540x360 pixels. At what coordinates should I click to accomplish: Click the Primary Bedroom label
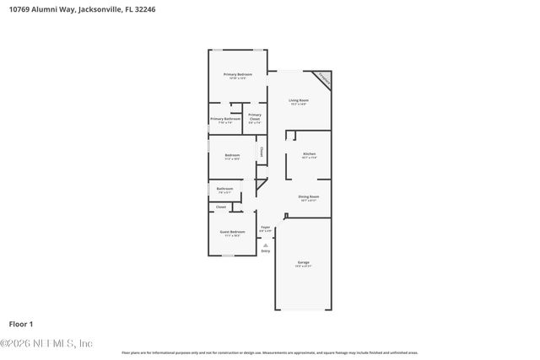[238, 75]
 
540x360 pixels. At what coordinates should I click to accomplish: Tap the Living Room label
[299, 100]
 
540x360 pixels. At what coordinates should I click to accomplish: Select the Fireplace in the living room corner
[323, 80]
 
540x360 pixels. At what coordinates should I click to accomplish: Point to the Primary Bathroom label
[225, 119]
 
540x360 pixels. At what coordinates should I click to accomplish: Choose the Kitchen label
[310, 153]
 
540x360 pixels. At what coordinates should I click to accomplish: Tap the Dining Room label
[307, 196]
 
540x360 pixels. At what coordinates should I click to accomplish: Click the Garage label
[304, 263]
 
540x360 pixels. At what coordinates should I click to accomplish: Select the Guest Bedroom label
[232, 231]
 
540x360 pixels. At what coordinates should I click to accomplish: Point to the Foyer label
[265, 227]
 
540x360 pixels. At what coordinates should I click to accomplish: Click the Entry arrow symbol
[265, 244]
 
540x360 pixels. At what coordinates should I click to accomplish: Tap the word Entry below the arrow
[265, 251]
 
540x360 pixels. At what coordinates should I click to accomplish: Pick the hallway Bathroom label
[224, 188]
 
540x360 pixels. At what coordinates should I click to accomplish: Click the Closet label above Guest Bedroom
[221, 207]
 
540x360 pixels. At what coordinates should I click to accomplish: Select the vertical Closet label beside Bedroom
[262, 153]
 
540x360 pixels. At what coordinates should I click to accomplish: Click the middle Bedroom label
[232, 155]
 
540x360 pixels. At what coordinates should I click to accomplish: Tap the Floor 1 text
[20, 324]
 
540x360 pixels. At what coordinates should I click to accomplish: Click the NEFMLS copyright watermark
[47, 343]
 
